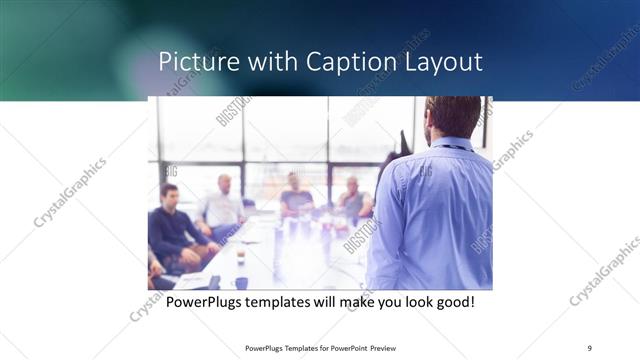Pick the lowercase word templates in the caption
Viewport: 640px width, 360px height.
point(281,301)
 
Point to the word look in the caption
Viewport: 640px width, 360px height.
point(434,301)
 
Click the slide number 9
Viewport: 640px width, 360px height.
point(589,347)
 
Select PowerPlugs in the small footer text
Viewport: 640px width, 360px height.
point(264,348)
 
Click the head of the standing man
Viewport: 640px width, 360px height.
point(452,115)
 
